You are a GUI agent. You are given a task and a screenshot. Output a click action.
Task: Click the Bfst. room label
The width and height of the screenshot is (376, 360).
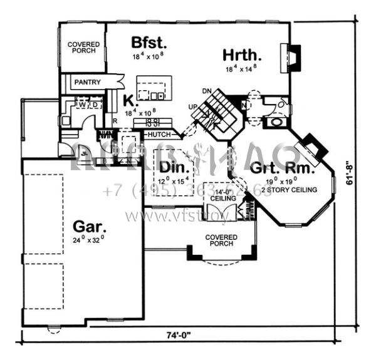pos(149,43)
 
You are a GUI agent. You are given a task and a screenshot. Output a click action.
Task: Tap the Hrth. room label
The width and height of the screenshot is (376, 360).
pos(242,54)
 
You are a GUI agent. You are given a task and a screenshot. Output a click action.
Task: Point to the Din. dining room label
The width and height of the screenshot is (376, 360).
pos(170,167)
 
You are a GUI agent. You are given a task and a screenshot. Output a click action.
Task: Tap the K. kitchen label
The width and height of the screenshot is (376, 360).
pos(129,100)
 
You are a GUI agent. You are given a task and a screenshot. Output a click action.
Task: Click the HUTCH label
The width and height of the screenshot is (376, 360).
pos(158,134)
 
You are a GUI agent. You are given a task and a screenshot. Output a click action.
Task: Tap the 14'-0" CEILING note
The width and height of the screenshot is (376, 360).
pos(223,195)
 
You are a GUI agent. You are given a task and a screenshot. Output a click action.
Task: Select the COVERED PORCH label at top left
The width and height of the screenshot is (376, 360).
pos(82,48)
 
